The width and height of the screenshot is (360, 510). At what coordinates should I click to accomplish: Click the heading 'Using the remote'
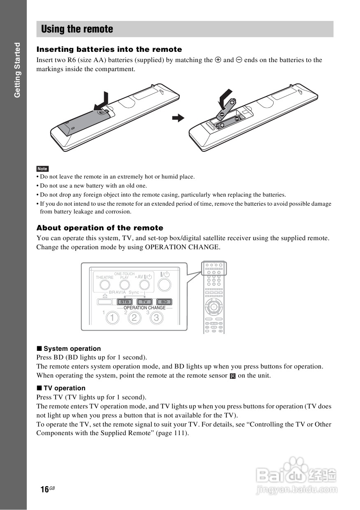77,29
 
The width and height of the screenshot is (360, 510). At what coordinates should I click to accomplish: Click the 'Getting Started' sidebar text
17,70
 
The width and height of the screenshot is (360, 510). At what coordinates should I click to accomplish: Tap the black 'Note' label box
42,169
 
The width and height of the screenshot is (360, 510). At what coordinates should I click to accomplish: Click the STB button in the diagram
125,302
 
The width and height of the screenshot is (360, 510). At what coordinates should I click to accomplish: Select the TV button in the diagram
144,302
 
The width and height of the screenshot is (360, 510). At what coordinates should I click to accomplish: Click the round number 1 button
112,318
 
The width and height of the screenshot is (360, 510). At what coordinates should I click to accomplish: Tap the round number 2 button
134,318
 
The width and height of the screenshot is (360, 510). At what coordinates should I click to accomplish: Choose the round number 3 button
156,318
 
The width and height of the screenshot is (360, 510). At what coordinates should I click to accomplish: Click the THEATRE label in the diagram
105,278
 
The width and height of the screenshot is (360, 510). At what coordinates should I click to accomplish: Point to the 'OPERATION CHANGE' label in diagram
144,308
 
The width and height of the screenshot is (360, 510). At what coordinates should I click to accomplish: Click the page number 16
45,489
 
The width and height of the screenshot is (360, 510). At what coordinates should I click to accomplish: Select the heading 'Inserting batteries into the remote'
109,49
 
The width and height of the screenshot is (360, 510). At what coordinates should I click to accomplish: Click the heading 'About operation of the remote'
100,228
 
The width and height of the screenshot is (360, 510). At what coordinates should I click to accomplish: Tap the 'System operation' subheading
72,348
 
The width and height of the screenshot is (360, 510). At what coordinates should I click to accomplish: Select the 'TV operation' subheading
64,388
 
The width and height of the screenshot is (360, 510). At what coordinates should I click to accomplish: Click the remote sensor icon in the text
232,376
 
